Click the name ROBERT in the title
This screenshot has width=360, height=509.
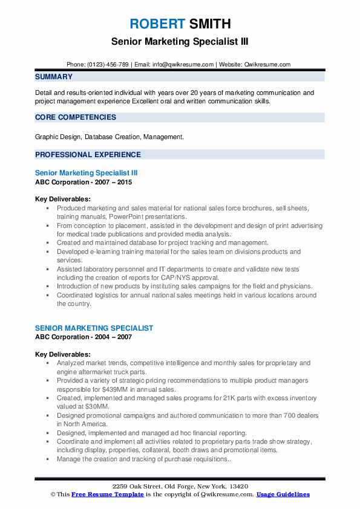pos(156,24)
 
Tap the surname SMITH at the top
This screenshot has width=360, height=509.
pos(209,24)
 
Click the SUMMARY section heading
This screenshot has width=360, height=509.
pos(54,77)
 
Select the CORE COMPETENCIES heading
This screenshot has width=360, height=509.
pos(76,117)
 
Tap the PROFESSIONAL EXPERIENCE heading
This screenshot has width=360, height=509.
pos(88,154)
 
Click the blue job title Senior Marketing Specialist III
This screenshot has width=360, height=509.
pos(87,173)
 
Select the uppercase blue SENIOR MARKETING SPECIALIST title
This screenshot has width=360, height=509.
pos(94,328)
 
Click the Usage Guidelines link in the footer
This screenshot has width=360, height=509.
pos(283,494)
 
